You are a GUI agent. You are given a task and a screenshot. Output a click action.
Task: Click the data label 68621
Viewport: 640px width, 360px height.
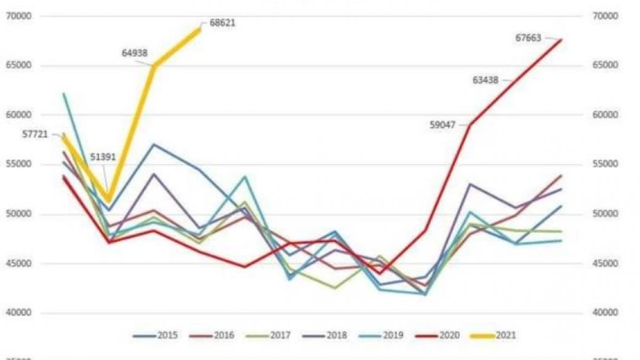(x=223, y=23)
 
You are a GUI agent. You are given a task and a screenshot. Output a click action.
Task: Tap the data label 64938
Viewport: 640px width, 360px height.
(x=135, y=54)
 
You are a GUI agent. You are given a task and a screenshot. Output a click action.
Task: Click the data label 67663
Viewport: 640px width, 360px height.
(x=528, y=38)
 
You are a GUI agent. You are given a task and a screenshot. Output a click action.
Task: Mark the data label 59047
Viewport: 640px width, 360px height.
(x=442, y=125)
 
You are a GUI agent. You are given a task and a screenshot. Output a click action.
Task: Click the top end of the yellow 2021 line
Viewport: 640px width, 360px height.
(x=201, y=28)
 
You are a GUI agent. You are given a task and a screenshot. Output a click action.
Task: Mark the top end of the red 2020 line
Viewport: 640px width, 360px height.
(x=561, y=39)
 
